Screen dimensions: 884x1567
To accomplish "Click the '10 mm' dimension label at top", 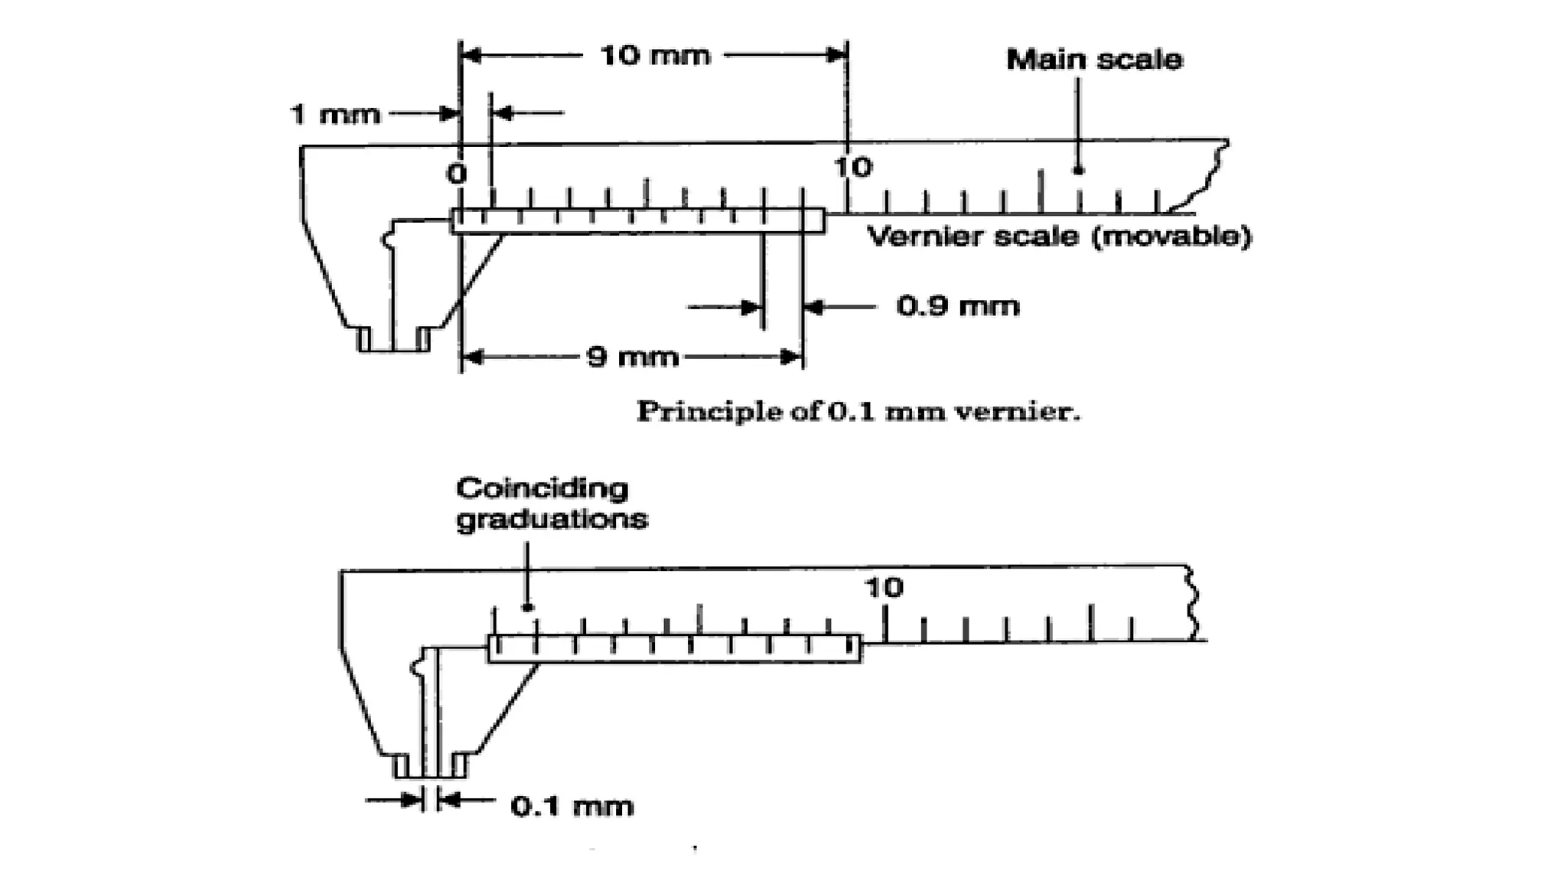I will coord(655,56).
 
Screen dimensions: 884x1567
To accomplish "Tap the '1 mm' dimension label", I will coord(335,115).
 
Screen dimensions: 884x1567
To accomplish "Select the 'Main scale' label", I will coord(1093,60).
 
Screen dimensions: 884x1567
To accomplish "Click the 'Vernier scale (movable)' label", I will coord(1059,236).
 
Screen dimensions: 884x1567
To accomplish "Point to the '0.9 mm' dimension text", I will coord(958,307).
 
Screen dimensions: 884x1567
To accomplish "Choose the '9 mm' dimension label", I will coord(632,357).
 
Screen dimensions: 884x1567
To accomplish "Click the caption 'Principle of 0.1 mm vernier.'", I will coord(858,412).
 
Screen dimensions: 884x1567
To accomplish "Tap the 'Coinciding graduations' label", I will coord(551,504).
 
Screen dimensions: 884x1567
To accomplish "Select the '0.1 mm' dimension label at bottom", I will coord(572,806).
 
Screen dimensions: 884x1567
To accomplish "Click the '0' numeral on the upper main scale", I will coord(457,174).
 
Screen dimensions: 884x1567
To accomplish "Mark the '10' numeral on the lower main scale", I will coord(884,588).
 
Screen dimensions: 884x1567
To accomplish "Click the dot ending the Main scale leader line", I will coord(1078,170).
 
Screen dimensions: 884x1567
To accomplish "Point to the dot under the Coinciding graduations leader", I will coord(527,607).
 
